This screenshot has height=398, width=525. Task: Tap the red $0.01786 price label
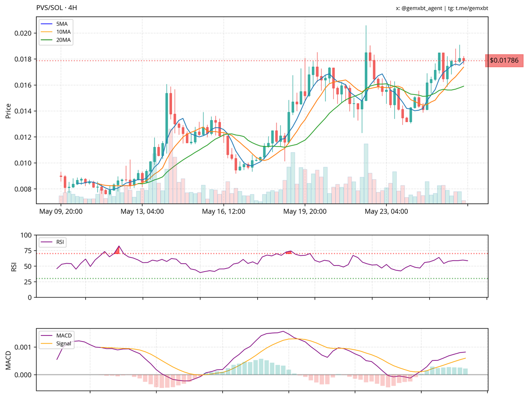pyautogui.click(x=504, y=60)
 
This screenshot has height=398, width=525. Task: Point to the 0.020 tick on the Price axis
pyautogui.click(x=23, y=33)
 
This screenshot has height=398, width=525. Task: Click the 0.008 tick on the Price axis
pyautogui.click(x=23, y=189)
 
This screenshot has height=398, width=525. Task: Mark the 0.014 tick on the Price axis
pyautogui.click(x=23, y=111)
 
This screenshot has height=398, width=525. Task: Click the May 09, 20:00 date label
pyautogui.click(x=61, y=212)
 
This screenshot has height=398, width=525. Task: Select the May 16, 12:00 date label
pyautogui.click(x=224, y=212)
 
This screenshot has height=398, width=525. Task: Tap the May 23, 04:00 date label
pyautogui.click(x=386, y=212)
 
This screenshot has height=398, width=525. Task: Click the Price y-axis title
pyautogui.click(x=8, y=111)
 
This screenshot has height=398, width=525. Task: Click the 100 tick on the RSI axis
pyautogui.click(x=25, y=235)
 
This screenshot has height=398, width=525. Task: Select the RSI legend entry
pyautogui.click(x=57, y=241)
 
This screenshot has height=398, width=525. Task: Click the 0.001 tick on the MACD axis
pyautogui.click(x=23, y=347)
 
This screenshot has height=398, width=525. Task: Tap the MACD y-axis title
pyautogui.click(x=8, y=360)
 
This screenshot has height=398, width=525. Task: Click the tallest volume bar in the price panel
pyautogui.click(x=366, y=173)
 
